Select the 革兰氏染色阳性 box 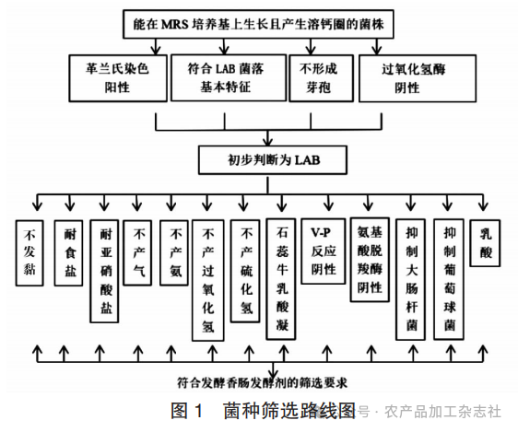pyautogui.click(x=116, y=76)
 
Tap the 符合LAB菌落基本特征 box pyautogui.click(x=225, y=76)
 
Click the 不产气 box pyautogui.click(x=140, y=242)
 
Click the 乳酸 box pyautogui.click(x=487, y=241)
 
